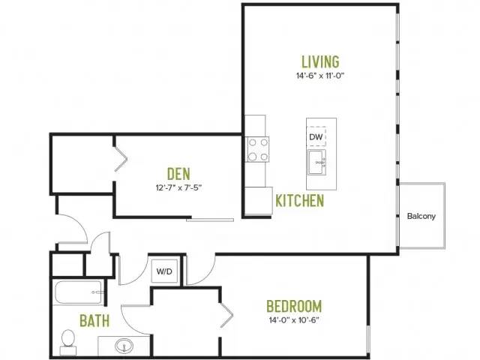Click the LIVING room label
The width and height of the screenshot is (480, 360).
[x=320, y=61]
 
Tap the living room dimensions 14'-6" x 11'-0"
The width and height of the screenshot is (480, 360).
[x=320, y=76]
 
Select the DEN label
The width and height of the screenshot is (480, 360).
[x=178, y=173]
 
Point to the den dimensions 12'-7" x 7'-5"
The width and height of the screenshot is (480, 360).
[x=178, y=187]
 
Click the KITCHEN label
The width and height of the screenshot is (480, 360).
[x=300, y=200]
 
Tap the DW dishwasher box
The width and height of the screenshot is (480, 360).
[x=316, y=136]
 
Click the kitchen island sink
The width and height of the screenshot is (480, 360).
[x=316, y=162]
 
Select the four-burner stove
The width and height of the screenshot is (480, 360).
[x=258, y=149]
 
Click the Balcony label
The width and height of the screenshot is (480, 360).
[x=421, y=216]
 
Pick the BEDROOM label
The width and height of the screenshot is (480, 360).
[x=294, y=306]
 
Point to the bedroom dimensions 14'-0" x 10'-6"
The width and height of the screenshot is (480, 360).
[x=294, y=320]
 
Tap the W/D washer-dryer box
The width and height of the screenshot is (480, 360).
[x=164, y=271]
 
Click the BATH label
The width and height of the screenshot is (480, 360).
[x=94, y=320]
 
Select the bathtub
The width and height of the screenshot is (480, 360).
[x=79, y=292]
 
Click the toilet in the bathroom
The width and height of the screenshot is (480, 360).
[x=68, y=342]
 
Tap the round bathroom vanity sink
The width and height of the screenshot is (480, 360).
[x=124, y=346]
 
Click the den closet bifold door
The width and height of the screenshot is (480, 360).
[x=121, y=159]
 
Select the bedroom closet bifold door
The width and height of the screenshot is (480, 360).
[x=226, y=315]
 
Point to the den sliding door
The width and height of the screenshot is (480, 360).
[x=210, y=220]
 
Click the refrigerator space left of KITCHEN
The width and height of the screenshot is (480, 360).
[x=259, y=200]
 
